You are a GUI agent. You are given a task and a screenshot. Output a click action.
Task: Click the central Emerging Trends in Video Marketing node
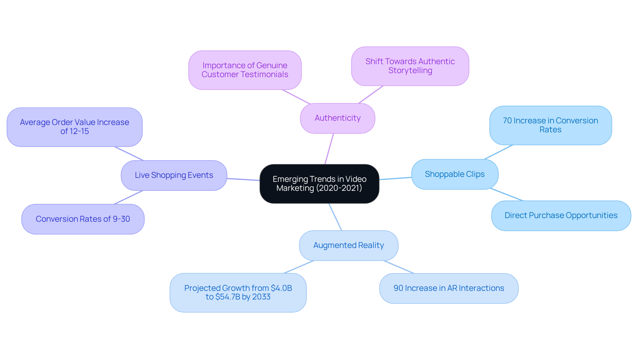(x=319, y=183)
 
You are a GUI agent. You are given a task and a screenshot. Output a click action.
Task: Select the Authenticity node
(x=337, y=118)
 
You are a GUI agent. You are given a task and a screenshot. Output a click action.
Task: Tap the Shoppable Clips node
(x=455, y=174)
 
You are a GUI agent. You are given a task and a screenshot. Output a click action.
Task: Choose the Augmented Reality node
(x=349, y=245)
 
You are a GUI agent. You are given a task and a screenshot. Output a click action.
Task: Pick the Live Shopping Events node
(x=174, y=175)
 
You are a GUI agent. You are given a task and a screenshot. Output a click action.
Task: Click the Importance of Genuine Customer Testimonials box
(x=245, y=70)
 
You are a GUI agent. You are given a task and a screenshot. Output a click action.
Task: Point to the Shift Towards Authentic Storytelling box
(x=410, y=66)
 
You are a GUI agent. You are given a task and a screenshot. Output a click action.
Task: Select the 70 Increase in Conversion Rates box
(x=550, y=125)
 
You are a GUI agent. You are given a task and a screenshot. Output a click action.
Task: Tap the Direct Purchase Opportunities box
(x=561, y=215)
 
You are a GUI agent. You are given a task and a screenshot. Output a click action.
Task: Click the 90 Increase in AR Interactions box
(x=449, y=288)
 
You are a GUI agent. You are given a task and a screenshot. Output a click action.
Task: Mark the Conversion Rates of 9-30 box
(x=83, y=219)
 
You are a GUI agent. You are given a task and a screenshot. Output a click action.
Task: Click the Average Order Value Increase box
(x=74, y=127)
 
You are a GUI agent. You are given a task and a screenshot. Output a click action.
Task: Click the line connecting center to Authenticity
(x=329, y=149)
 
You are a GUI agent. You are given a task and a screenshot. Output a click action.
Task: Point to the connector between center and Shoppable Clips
(x=395, y=179)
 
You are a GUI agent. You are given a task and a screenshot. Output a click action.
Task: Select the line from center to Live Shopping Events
(x=243, y=180)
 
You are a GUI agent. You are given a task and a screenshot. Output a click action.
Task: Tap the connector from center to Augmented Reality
(x=335, y=217)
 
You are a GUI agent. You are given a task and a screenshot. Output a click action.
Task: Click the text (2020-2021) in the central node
(x=339, y=188)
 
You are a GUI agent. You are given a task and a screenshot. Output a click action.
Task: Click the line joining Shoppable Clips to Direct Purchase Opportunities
(x=507, y=195)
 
